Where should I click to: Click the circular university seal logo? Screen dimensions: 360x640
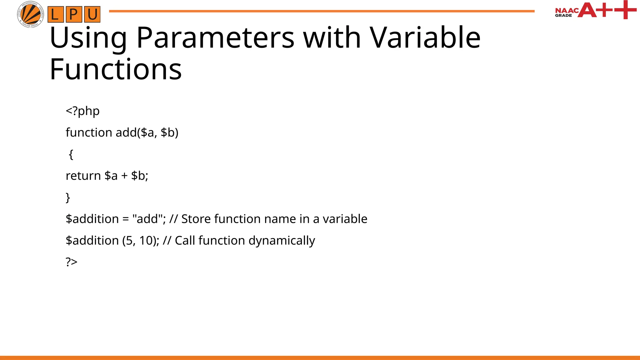(30, 14)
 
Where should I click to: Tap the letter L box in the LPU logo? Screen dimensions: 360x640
(55, 14)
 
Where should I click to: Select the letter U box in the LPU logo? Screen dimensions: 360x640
(92, 14)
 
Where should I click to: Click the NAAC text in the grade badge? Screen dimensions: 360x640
(566, 11)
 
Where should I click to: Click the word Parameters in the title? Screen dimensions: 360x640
(215, 38)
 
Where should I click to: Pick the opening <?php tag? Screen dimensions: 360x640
(82, 111)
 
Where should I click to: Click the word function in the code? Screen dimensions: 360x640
(89, 132)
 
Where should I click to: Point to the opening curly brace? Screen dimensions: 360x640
(71, 154)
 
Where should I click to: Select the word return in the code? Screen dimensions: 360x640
(83, 176)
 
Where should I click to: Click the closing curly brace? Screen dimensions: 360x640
(68, 197)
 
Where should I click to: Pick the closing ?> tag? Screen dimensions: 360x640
(72, 262)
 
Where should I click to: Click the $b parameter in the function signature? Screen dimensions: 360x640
(168, 132)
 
